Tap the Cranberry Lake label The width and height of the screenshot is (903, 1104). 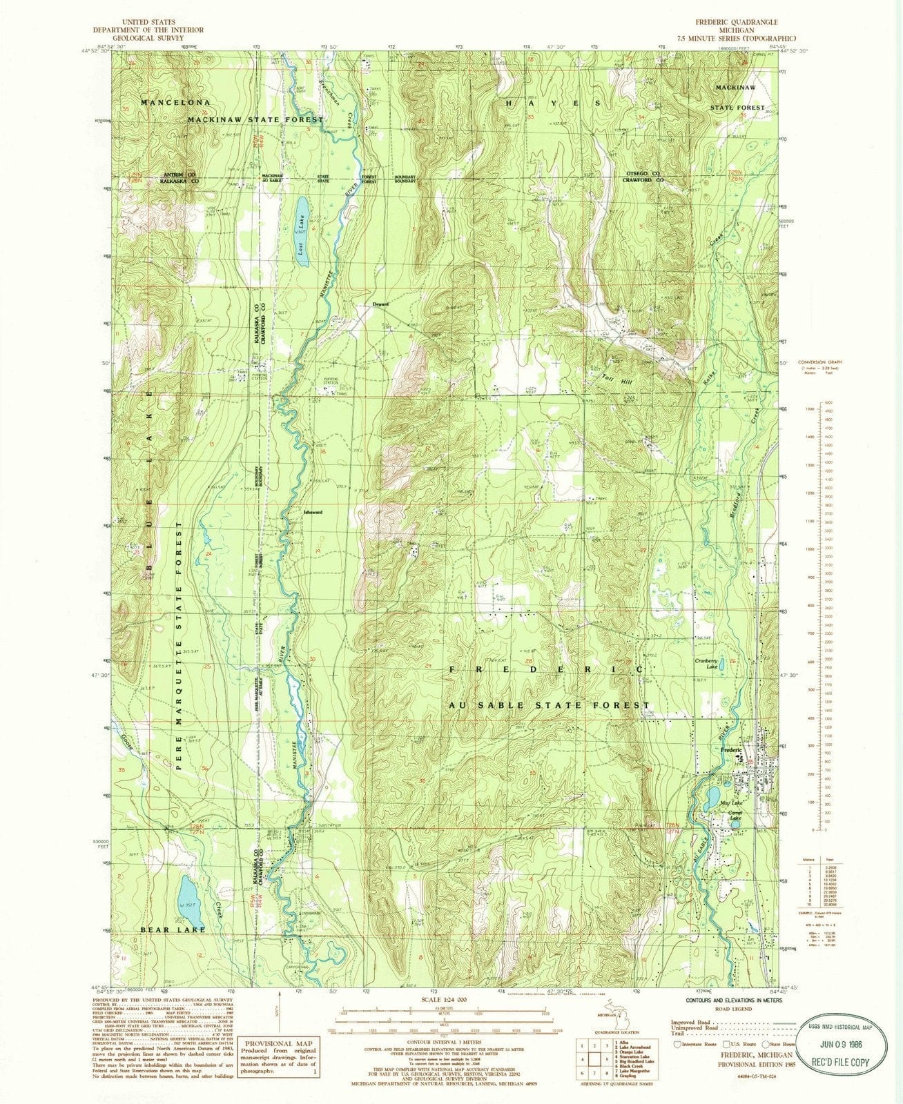[x=708, y=663]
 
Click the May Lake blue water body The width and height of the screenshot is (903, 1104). [x=711, y=800]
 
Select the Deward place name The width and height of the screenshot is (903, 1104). [x=381, y=304]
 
